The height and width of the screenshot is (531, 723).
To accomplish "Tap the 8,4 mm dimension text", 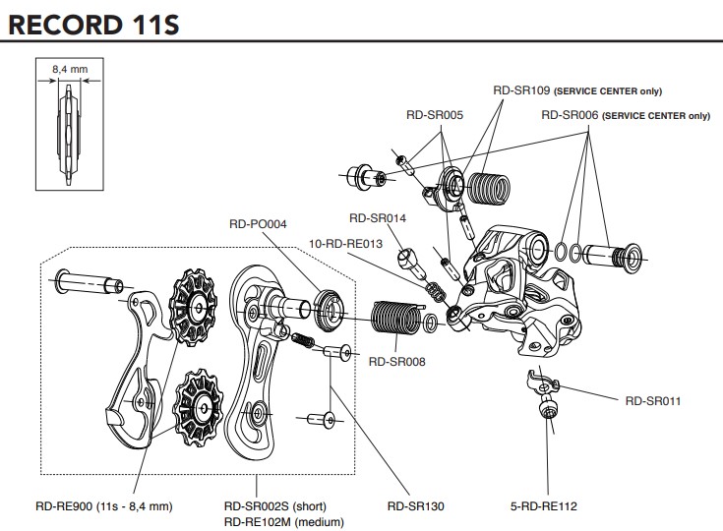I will pyautogui.click(x=69, y=70).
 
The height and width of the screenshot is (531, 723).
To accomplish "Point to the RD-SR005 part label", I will pyautogui.click(x=434, y=114).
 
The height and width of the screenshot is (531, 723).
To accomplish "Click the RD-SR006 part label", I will pyautogui.click(x=571, y=115).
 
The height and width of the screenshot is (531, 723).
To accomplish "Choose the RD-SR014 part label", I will pyautogui.click(x=378, y=218).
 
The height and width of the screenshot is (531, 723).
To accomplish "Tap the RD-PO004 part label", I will pyautogui.click(x=257, y=224).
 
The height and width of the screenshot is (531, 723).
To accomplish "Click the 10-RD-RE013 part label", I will pyautogui.click(x=346, y=243).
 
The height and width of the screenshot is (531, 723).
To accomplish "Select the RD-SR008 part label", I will pyautogui.click(x=396, y=362).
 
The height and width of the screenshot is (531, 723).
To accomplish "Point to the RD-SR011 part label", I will pyautogui.click(x=653, y=400).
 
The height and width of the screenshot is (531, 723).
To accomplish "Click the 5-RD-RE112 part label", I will pyautogui.click(x=543, y=506).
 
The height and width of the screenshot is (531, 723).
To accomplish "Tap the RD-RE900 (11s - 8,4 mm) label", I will pyautogui.click(x=104, y=506).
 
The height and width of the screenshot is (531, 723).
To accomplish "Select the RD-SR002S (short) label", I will pyautogui.click(x=274, y=506).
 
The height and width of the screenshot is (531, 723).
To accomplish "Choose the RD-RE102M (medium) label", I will pyautogui.click(x=281, y=521).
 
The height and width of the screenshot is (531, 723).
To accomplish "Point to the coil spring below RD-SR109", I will pyautogui.click(x=489, y=188).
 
